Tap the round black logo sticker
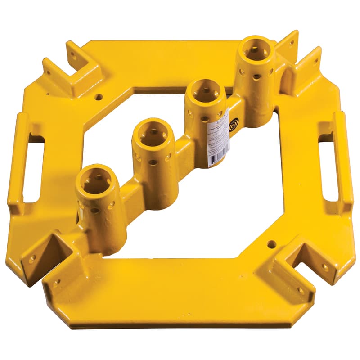(234, 124)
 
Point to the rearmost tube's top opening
(256, 49)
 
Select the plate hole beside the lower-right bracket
(271, 244)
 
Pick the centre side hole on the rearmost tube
(256, 77)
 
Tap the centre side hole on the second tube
(153, 162)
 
